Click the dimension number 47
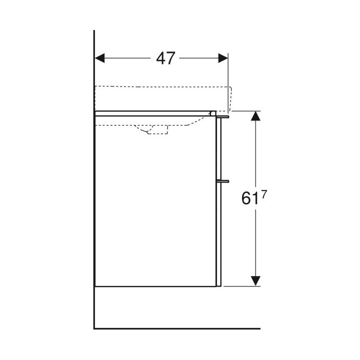165,58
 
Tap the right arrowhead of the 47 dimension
222,58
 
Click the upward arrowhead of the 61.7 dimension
255,117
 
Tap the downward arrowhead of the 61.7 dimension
255,280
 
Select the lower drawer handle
223,179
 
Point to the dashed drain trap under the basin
155,131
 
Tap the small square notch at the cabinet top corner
213,113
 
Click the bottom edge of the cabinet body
155,286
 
